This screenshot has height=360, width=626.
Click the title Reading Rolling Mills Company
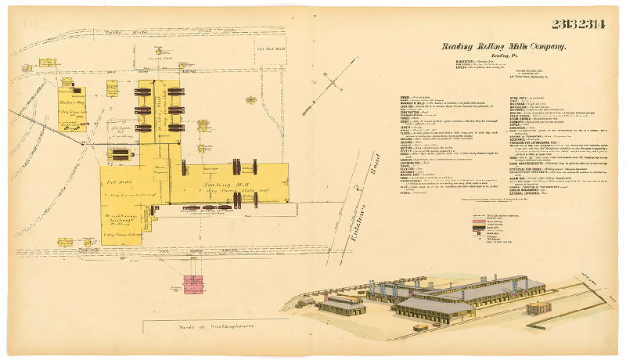[x=503, y=47]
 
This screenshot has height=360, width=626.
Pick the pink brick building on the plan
[x=193, y=283]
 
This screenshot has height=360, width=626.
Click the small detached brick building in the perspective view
[x=538, y=308]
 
